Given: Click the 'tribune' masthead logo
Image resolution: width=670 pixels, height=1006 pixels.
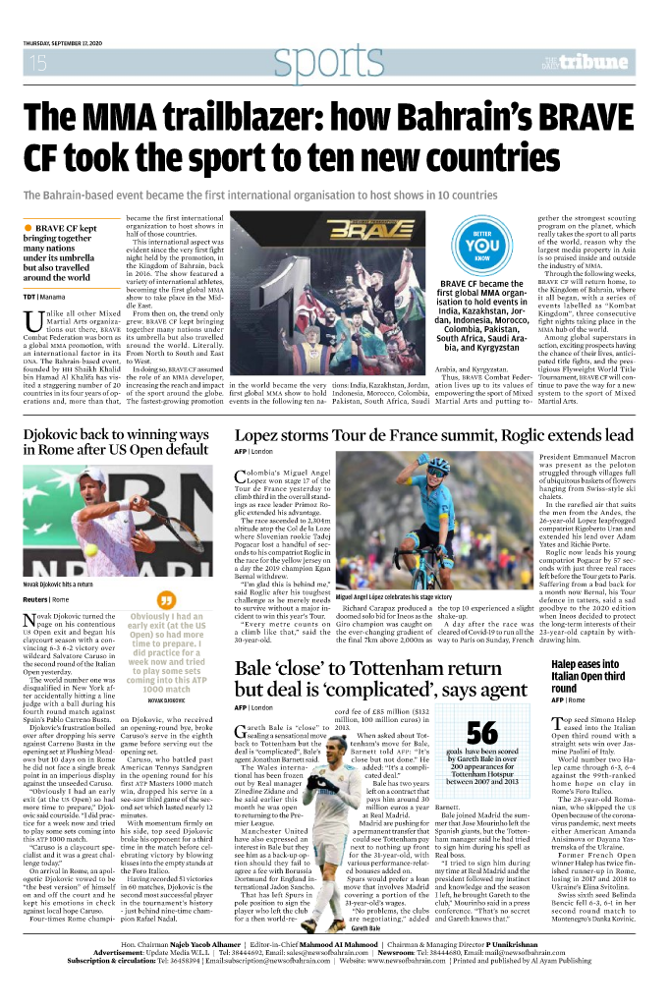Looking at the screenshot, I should coord(597,62).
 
